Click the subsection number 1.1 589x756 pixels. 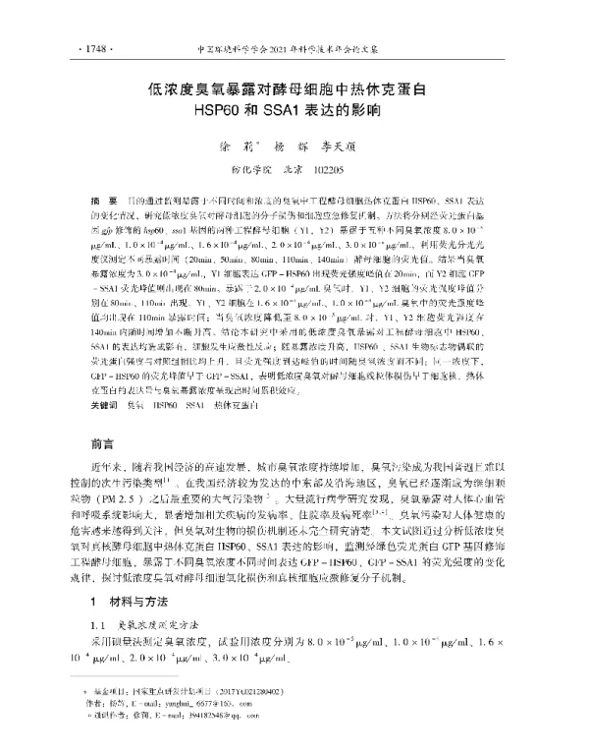pyautogui.click(x=97, y=625)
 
